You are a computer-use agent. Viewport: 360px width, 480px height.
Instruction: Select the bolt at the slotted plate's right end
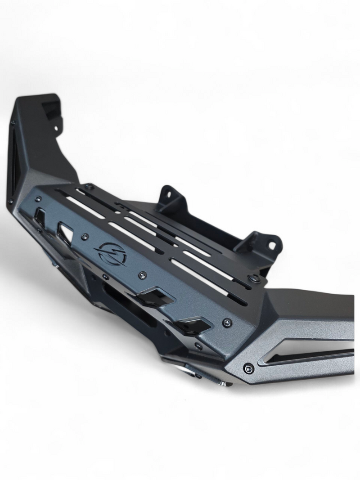[x=256, y=279]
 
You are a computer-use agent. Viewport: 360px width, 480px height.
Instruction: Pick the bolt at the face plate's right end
[x=227, y=322]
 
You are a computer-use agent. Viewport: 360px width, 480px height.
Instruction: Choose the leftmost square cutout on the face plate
[x=40, y=219]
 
